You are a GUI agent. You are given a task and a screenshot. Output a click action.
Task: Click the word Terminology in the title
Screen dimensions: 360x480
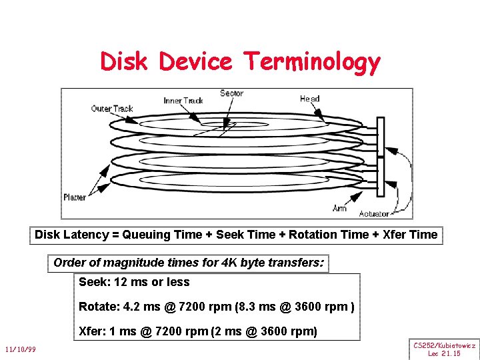click(312, 62)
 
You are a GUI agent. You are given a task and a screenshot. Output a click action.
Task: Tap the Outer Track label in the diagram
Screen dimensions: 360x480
click(112, 109)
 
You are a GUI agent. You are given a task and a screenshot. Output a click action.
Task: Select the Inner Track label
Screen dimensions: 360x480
click(183, 101)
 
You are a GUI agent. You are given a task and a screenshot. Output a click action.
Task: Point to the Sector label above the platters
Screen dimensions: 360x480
click(231, 93)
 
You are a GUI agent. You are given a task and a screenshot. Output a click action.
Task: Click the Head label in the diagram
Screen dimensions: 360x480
click(309, 99)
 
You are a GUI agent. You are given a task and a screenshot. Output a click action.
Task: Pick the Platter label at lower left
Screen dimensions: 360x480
click(75, 197)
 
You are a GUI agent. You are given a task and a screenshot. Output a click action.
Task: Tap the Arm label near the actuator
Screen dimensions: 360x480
click(339, 209)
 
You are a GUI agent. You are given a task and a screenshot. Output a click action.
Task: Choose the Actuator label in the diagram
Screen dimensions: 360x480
click(374, 213)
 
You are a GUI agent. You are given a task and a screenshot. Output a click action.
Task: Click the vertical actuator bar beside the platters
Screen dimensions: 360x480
click(381, 157)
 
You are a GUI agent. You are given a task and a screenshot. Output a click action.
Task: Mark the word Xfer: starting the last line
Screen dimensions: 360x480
click(92, 331)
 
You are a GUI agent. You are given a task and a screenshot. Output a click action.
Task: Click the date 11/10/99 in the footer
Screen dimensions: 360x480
click(20, 349)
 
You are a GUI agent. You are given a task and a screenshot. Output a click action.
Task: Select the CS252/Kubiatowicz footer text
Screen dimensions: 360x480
click(444, 345)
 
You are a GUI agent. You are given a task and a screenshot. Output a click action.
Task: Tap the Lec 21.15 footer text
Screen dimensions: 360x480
click(444, 353)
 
